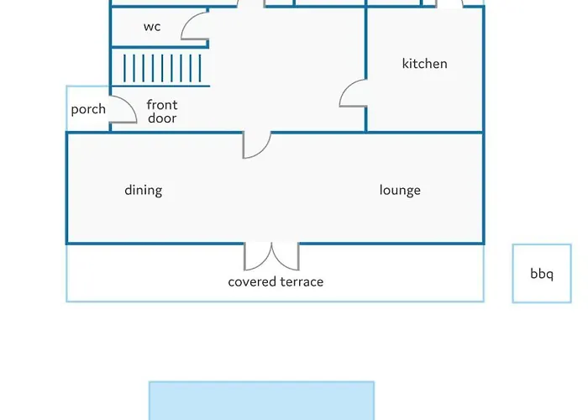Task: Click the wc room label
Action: click(x=152, y=27)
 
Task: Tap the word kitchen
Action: click(x=424, y=63)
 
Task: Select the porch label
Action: click(x=88, y=109)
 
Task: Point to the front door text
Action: click(x=162, y=112)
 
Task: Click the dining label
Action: click(x=144, y=190)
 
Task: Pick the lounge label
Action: click(x=400, y=190)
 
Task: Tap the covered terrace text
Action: click(x=276, y=281)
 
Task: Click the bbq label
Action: click(x=542, y=274)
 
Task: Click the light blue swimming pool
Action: click(x=262, y=401)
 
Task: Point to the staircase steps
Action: click(x=162, y=68)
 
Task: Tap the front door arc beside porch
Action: click(x=131, y=105)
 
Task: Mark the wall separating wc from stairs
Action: click(x=160, y=47)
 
